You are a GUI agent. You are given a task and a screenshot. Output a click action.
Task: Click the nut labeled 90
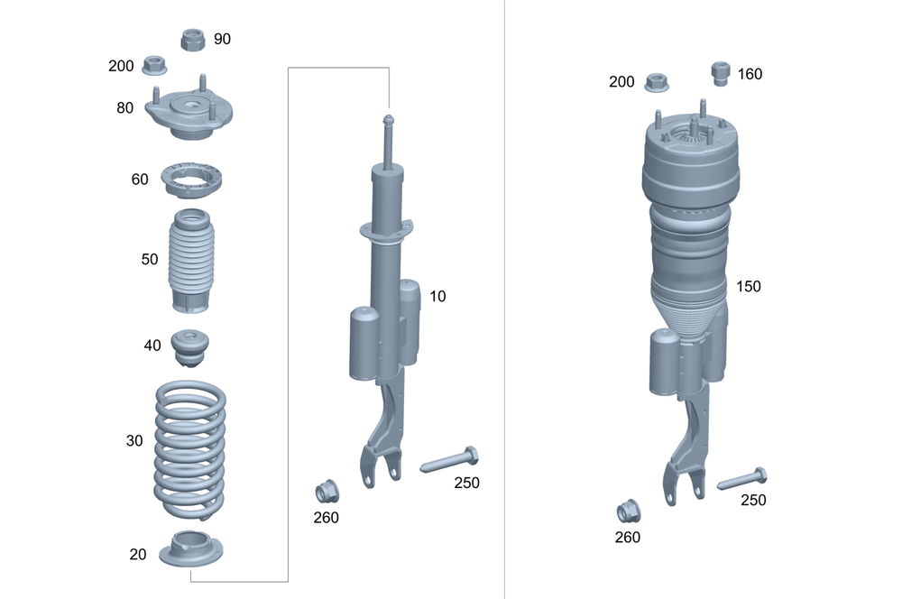(x=193, y=40)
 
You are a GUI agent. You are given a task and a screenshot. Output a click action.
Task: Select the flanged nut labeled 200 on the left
(x=154, y=65)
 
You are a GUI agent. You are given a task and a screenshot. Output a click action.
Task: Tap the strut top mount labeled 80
(x=190, y=115)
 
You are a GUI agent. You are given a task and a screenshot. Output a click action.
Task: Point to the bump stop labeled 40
(x=190, y=346)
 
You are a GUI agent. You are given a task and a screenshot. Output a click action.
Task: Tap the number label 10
(x=437, y=296)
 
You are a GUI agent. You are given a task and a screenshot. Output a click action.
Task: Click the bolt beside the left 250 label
(x=448, y=459)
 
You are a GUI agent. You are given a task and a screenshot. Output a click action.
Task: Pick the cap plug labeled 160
(x=720, y=72)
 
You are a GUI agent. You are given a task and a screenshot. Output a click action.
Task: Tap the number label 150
(x=748, y=286)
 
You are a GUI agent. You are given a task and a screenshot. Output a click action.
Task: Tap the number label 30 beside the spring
(x=134, y=441)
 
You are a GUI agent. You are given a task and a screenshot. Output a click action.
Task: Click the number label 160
(x=750, y=74)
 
